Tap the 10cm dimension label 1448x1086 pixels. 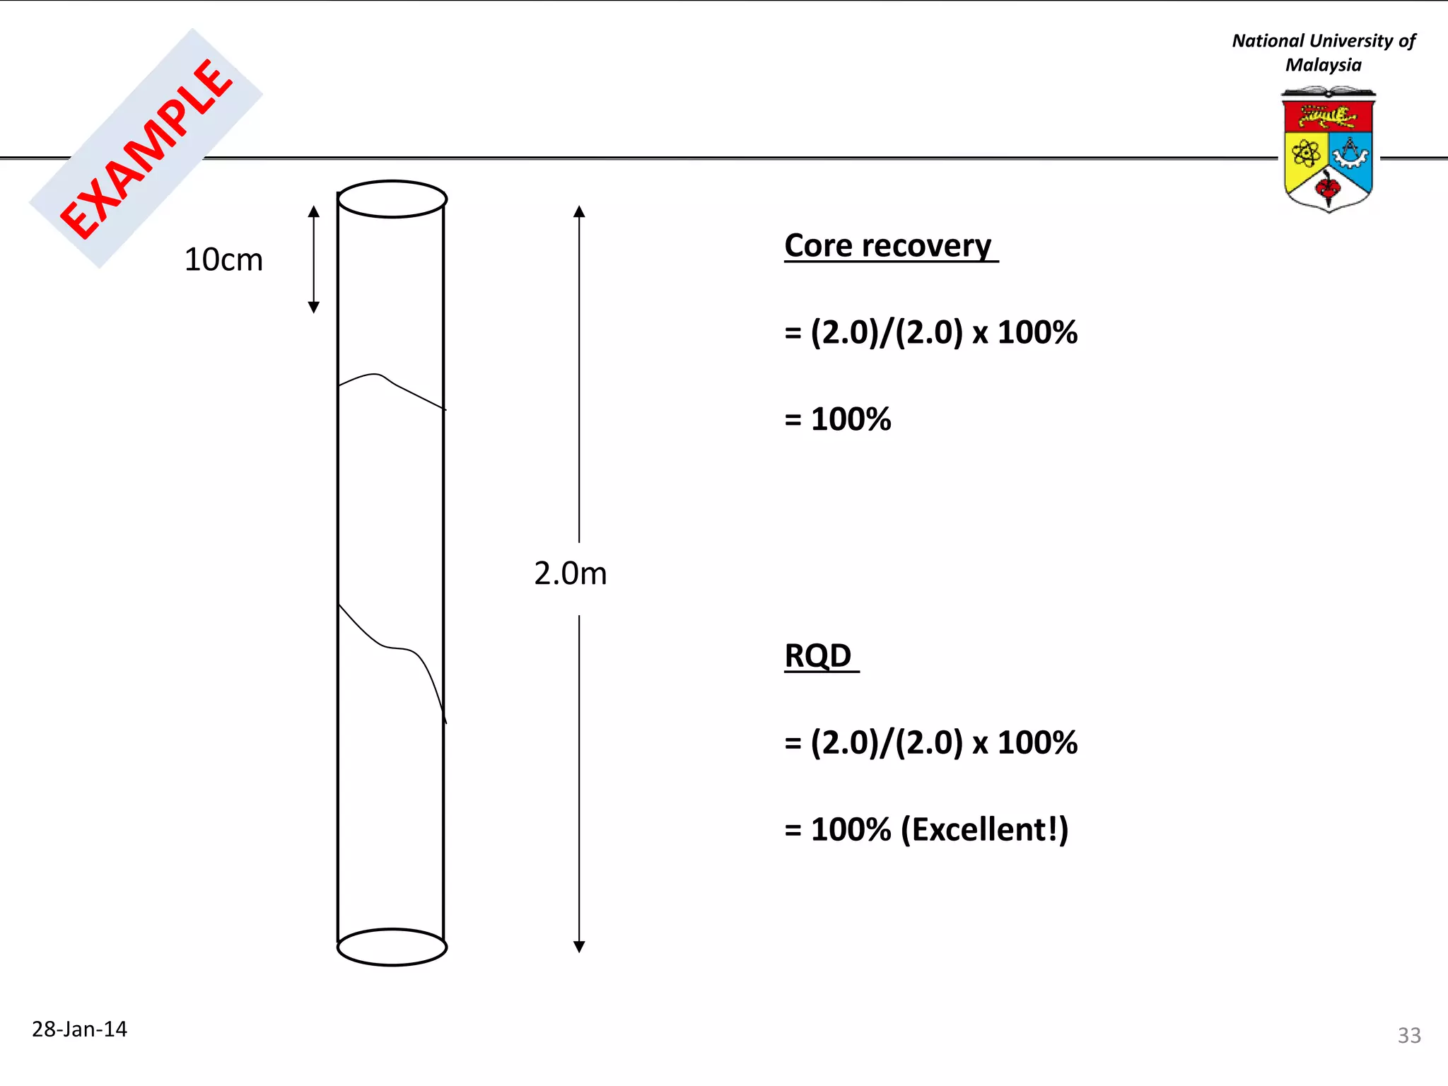(223, 260)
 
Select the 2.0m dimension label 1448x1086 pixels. (570, 573)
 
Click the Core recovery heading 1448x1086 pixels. (888, 246)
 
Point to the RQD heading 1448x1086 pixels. (818, 655)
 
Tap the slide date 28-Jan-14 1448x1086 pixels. (79, 1029)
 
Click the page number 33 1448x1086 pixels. (1408, 1035)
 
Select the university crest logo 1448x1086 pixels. (1328, 150)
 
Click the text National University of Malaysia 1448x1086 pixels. (1323, 53)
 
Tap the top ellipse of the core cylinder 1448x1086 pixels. (392, 199)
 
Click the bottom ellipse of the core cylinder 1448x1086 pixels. (392, 947)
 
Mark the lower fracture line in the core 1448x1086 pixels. (392, 647)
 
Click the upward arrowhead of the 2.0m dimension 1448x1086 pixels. (579, 211)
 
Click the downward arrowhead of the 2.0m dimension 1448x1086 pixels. (579, 947)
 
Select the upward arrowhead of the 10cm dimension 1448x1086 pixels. (314, 211)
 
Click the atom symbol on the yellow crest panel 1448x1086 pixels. (1305, 153)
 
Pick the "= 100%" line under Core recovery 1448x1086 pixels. (838, 419)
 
